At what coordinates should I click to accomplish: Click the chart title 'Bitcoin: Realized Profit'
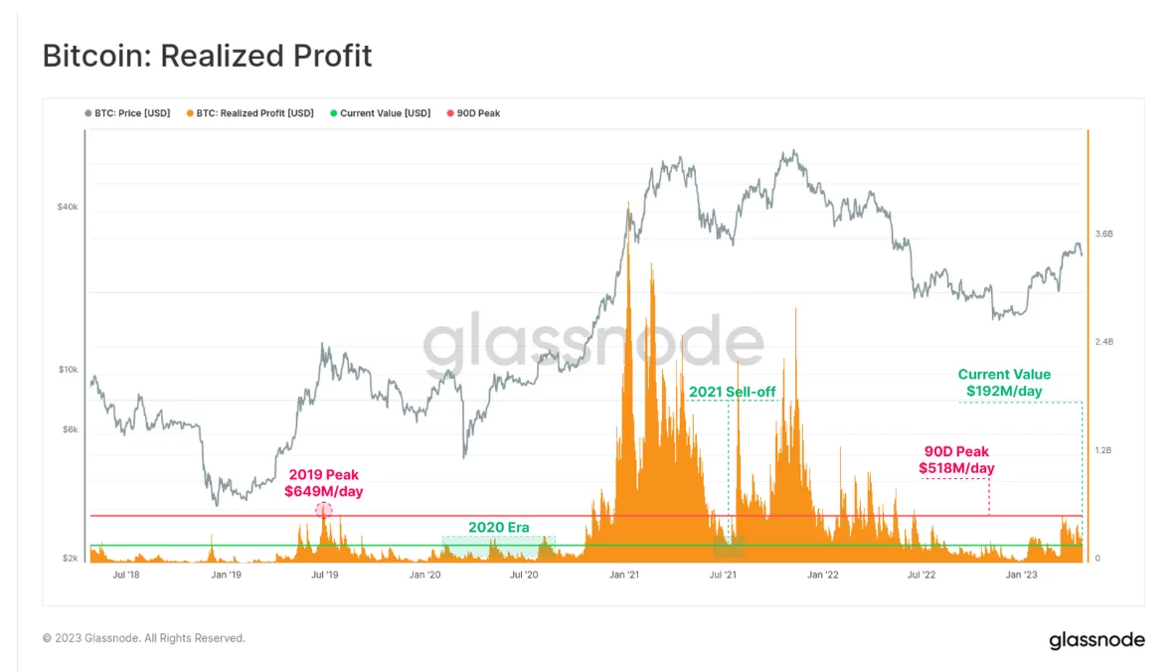point(207,56)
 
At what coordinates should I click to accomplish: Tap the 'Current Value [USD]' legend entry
point(385,113)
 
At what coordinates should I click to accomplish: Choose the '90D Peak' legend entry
point(478,113)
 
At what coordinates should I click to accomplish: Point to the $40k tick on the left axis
point(67,207)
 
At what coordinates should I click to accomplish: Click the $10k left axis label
point(67,370)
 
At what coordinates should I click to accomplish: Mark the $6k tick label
point(68,429)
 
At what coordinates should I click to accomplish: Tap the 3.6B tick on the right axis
point(1103,234)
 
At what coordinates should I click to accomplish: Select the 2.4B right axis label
point(1103,342)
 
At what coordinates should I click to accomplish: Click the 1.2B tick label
point(1103,450)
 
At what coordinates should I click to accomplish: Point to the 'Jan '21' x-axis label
point(623,575)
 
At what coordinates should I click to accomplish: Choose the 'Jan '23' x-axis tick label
point(1021,575)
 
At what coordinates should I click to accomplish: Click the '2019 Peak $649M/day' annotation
point(323,483)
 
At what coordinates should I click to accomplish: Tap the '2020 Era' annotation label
point(498,528)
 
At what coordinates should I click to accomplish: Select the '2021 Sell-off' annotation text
point(732,393)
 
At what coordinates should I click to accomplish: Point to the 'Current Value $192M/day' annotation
point(1004,383)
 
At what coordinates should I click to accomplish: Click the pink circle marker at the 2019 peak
point(323,510)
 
